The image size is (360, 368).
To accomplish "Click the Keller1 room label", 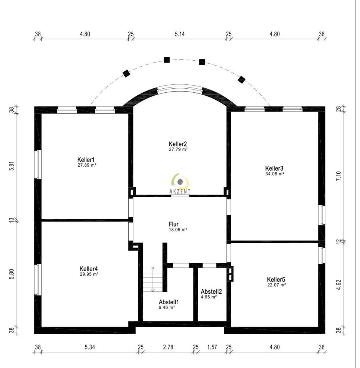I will [x=86, y=159].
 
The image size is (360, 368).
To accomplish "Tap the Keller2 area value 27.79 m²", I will [x=178, y=150].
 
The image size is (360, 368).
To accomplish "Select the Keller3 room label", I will [x=275, y=167].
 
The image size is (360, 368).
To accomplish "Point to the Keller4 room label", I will [x=89, y=268].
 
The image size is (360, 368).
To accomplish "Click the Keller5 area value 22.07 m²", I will [x=277, y=284].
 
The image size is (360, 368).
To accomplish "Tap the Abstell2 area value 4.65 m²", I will [x=208, y=297].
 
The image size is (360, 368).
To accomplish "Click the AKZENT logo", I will [x=180, y=184].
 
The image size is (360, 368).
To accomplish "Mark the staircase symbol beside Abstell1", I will [x=153, y=279].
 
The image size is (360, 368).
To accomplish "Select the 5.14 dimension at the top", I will [x=179, y=34].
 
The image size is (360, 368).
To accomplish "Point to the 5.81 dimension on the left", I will [x=11, y=166].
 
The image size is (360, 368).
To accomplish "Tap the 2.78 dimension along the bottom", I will [x=168, y=347].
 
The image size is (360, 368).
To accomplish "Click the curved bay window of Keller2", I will [x=179, y=89].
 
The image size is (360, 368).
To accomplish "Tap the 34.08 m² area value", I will [x=275, y=174].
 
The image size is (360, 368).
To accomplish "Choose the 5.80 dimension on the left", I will [x=11, y=275].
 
